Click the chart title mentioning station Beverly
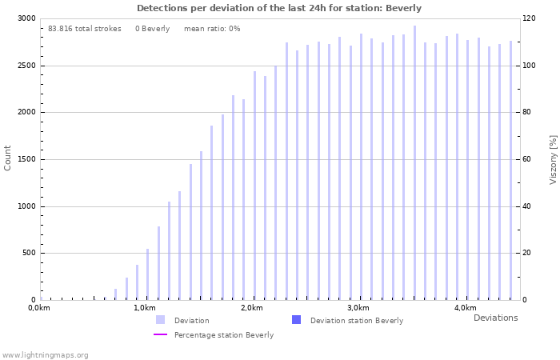click(279, 8)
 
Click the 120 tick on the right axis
click(529, 18)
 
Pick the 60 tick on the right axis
click(526, 159)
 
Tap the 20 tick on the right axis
click(526, 254)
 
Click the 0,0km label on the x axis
click(40, 308)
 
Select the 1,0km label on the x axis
click(145, 308)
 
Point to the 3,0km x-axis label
click(358, 308)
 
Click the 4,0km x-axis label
click(465, 308)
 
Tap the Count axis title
click(8, 158)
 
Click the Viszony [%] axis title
click(552, 159)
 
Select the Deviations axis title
click(495, 318)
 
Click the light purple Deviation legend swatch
click(161, 320)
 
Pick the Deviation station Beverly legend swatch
click(297, 320)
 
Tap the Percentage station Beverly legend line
click(161, 334)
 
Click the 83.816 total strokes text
click(85, 29)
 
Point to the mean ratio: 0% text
click(212, 29)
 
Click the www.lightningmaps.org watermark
click(46, 354)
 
